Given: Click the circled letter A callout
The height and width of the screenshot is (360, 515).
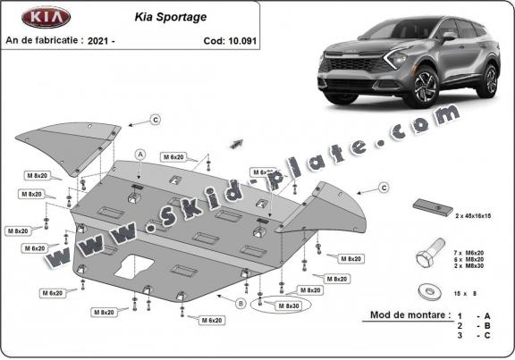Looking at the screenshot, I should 140,155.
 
